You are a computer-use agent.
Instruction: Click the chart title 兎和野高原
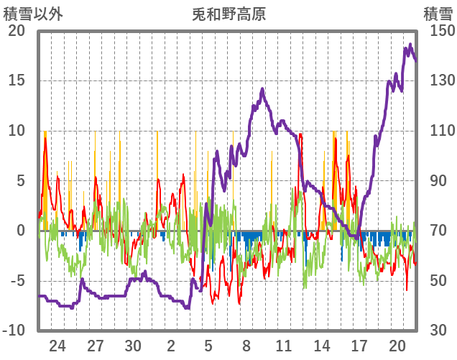pos(228,14)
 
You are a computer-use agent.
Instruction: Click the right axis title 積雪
pos(437,14)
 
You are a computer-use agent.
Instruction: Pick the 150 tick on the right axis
pos(438,31)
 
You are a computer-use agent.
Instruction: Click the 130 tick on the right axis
pos(438,80)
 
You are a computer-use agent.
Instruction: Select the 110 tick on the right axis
pos(438,131)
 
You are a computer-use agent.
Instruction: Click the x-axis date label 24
pos(57,346)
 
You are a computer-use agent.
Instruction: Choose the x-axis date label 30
pos(133,346)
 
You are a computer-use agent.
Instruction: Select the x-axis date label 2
pos(171,346)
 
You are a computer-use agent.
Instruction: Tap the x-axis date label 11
pos(284,346)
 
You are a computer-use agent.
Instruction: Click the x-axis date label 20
pos(397,346)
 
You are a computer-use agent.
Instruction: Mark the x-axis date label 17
pos(359,346)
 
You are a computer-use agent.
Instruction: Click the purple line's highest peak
pos(410,45)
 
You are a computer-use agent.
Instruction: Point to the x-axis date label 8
pos(246,346)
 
